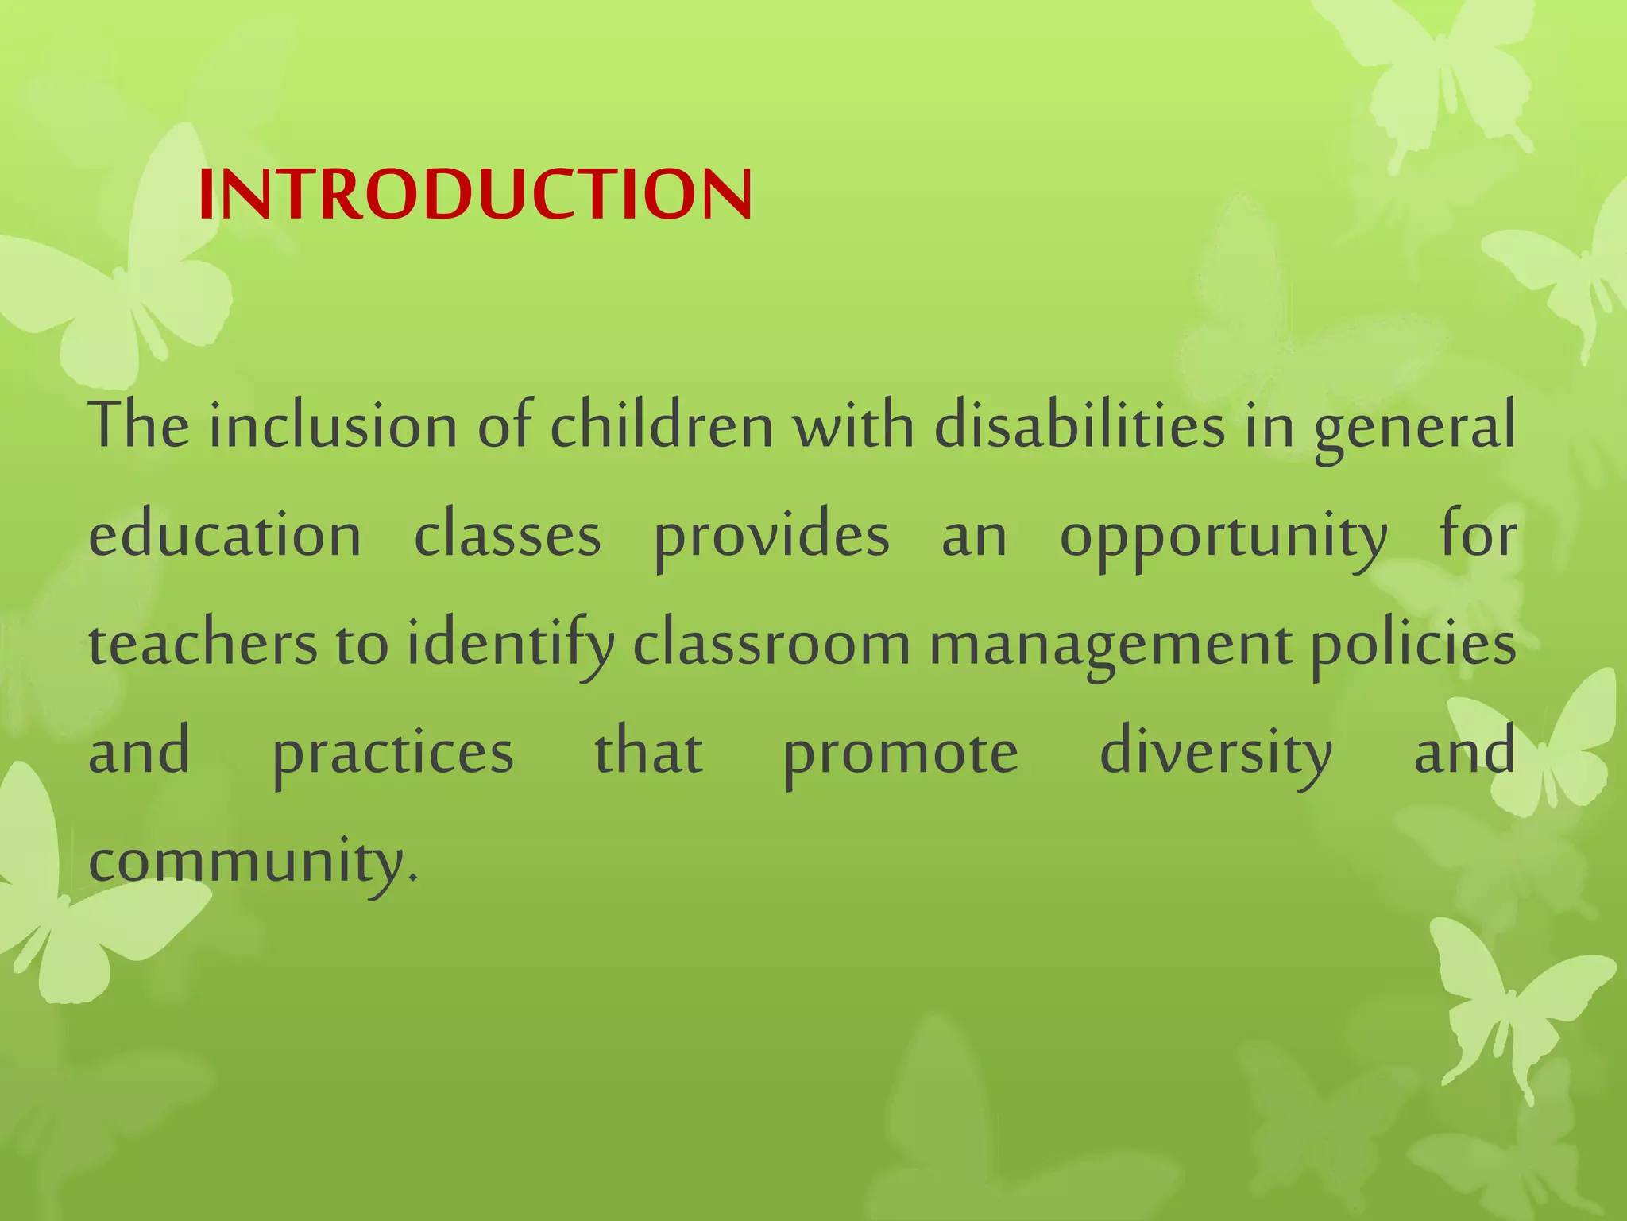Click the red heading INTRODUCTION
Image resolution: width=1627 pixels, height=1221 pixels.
click(474, 196)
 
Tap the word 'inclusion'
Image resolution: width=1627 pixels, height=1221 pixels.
click(333, 427)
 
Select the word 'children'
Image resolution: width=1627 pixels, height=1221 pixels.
click(662, 427)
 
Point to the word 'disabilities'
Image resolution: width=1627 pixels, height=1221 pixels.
click(1079, 427)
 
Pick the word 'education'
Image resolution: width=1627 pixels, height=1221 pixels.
click(225, 535)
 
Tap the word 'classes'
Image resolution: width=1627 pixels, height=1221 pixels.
click(508, 535)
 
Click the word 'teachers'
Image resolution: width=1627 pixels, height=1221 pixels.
click(203, 644)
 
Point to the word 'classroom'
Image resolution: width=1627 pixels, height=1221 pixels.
click(771, 644)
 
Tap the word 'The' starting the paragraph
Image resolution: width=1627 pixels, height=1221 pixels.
click(139, 427)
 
